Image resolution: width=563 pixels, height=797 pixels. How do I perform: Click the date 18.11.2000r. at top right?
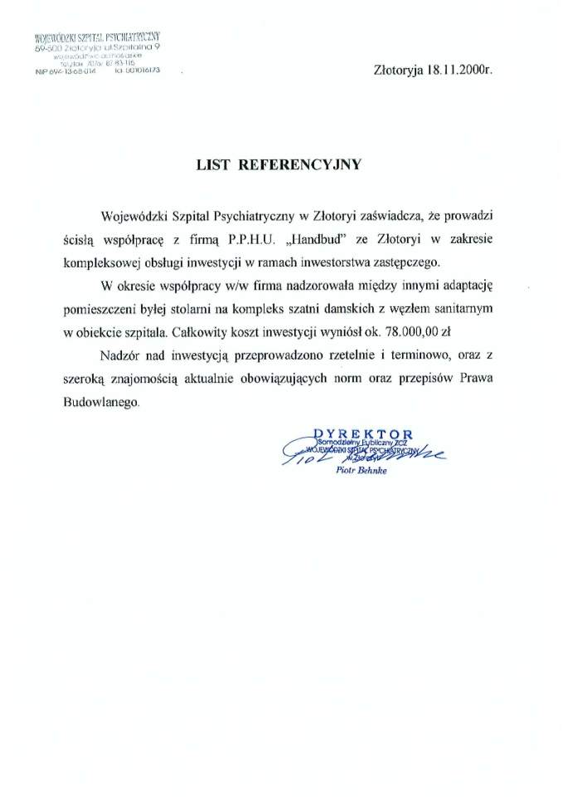pos(459,71)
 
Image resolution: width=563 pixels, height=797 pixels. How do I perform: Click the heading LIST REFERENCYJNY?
pos(278,164)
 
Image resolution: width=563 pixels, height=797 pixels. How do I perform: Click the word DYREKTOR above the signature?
pos(369,433)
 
